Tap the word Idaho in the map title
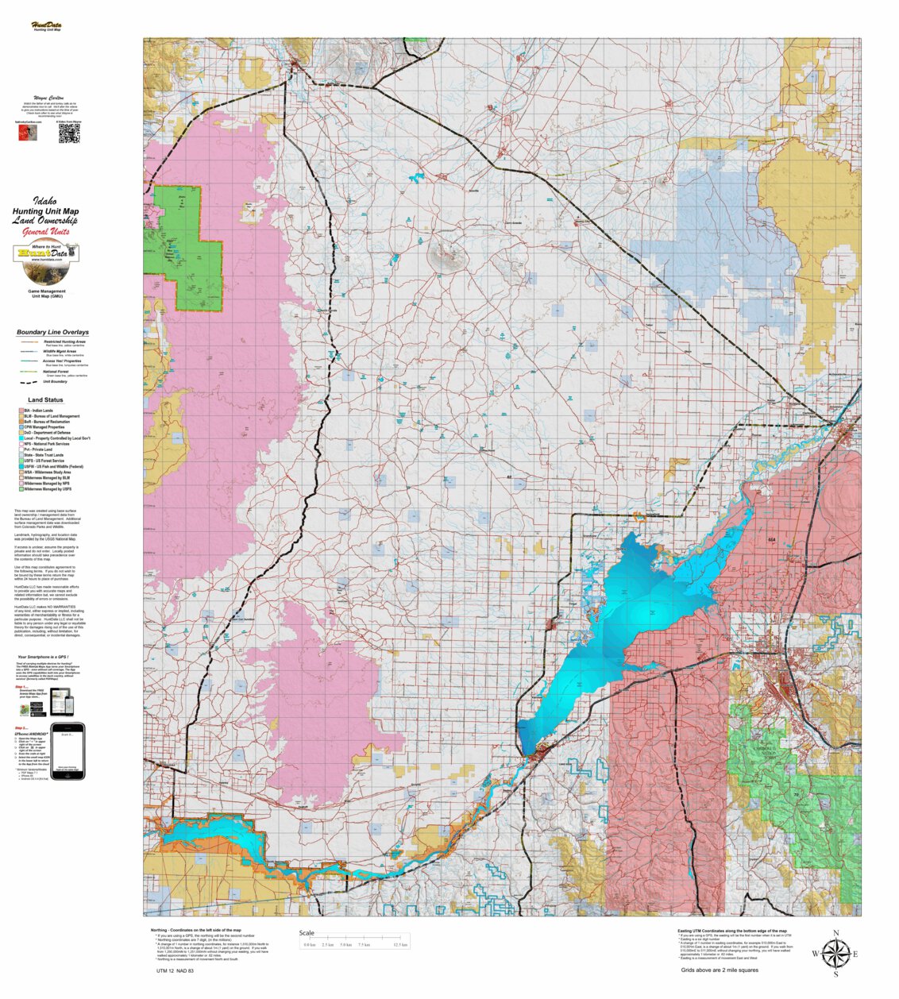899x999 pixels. (x=46, y=202)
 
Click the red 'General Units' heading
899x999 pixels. (x=46, y=232)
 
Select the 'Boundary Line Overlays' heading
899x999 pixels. (x=52, y=332)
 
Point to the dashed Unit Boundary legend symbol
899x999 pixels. (x=29, y=381)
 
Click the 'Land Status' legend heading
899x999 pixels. (x=45, y=400)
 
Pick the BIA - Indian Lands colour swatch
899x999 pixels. (x=21, y=411)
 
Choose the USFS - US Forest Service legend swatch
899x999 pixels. (x=21, y=461)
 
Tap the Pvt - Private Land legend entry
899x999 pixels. (x=44, y=449)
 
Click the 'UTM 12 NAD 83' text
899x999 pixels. (x=175, y=971)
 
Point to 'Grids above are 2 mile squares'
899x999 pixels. (x=719, y=970)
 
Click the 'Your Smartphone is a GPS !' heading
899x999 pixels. (x=47, y=657)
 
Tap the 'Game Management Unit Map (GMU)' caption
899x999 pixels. (x=46, y=294)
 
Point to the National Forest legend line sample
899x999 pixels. (x=29, y=372)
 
